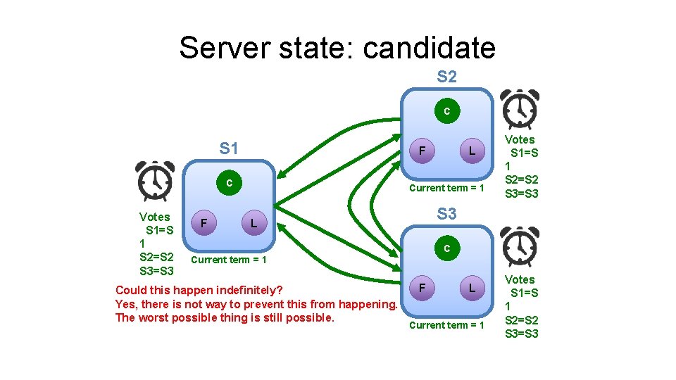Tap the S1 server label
tap(229, 148)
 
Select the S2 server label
tap(446, 77)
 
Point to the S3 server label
tap(446, 213)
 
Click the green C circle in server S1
tap(229, 184)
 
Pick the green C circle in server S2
tap(446, 110)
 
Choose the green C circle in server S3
tap(446, 248)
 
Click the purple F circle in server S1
tap(204, 223)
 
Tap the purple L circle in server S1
tap(254, 223)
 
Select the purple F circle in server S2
tap(421, 151)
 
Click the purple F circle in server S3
tap(421, 288)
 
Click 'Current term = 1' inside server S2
tap(446, 188)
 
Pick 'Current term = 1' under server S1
tap(229, 260)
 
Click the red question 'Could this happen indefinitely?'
tap(199, 290)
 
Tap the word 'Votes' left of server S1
tap(154, 217)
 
